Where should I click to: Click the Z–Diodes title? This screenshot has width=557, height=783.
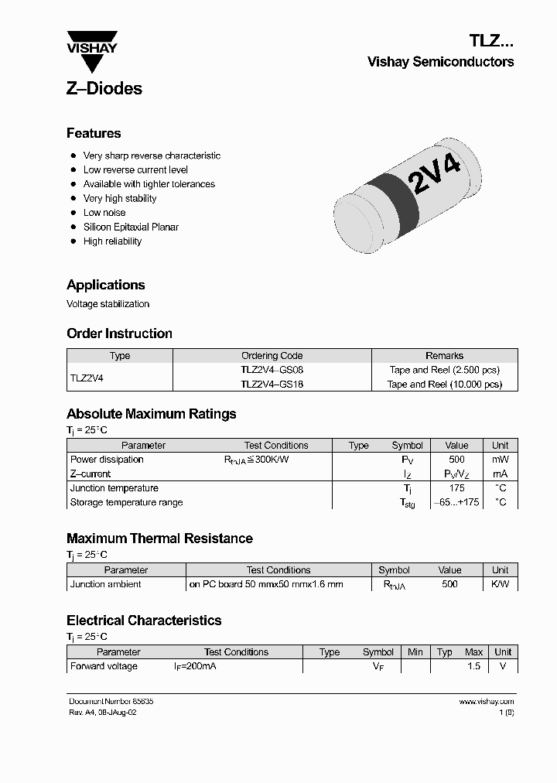[x=104, y=88]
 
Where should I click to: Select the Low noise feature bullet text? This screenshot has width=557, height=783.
[x=104, y=213]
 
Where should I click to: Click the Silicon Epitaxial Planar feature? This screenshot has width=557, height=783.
[x=131, y=227]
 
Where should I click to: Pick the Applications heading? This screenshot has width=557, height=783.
[x=105, y=285]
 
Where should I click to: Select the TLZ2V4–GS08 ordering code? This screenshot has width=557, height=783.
[x=272, y=370]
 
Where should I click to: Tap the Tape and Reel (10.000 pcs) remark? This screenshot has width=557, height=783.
[x=444, y=384]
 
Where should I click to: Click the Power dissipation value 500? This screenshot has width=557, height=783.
[x=456, y=460]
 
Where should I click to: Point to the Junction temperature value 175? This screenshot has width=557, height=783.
[x=456, y=488]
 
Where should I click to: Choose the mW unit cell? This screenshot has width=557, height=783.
[x=501, y=460]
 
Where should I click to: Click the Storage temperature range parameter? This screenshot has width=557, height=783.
[x=126, y=502]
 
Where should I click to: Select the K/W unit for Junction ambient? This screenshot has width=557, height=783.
[x=501, y=584]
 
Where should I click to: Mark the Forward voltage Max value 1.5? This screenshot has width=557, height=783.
[x=473, y=666]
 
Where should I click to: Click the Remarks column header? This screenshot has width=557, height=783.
[x=444, y=356]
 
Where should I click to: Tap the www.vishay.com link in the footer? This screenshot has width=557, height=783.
[x=486, y=701]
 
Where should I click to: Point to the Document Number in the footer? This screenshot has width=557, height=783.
[x=111, y=701]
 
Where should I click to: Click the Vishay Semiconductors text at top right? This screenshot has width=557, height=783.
[x=440, y=62]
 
